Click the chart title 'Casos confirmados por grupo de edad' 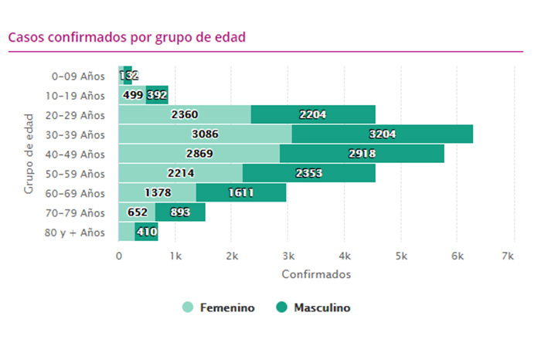point(127,36)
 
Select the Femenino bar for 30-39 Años point(205,134)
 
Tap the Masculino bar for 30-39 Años point(383,134)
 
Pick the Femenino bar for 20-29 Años point(185,115)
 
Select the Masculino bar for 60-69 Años point(241,192)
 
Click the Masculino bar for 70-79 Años point(180,212)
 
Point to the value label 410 point(147,232)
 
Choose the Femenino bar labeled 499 point(132,95)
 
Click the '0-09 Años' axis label point(77,76)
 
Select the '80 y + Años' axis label point(73,232)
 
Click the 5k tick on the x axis point(401,256)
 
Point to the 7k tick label point(508,256)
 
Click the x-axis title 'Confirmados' point(316,274)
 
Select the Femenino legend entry point(219,308)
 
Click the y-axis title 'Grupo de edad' point(29,154)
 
